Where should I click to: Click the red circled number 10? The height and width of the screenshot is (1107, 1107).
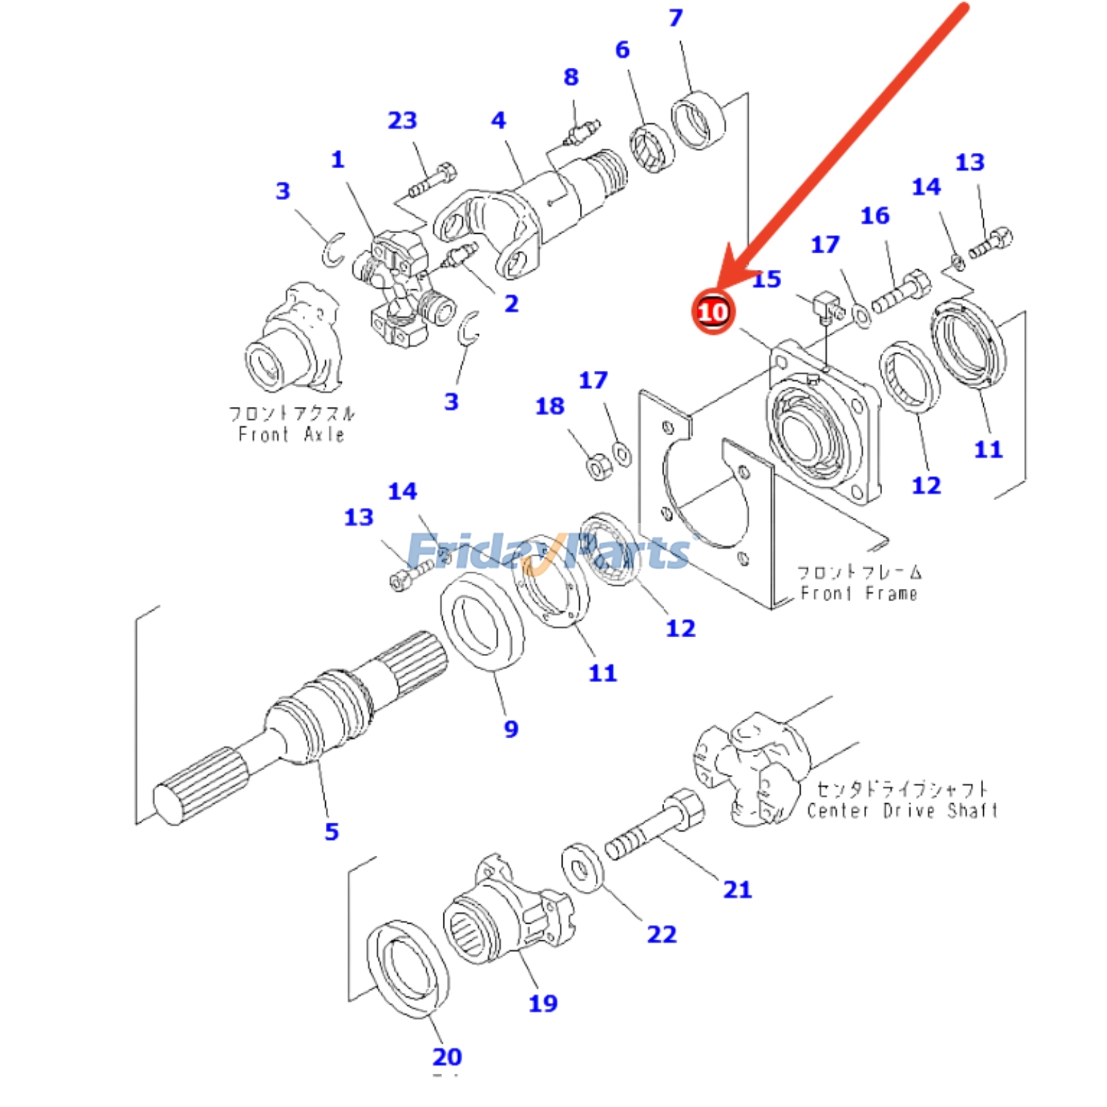click(712, 312)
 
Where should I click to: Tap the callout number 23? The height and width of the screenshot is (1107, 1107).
click(402, 120)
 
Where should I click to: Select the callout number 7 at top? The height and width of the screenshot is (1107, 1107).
click(675, 18)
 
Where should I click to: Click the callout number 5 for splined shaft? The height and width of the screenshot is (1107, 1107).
click(331, 831)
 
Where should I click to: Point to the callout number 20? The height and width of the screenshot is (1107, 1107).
click(447, 1056)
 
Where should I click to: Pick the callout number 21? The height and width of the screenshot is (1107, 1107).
click(737, 889)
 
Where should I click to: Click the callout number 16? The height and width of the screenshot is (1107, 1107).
click(875, 216)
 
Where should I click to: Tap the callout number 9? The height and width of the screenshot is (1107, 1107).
click(511, 729)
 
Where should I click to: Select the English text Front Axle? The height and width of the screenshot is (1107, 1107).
click(291, 434)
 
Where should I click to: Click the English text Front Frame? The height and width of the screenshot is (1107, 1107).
click(859, 593)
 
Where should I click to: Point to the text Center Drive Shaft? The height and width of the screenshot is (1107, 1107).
click(902, 810)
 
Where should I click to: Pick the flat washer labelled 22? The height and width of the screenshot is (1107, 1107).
click(582, 868)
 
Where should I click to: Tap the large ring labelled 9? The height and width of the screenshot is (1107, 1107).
click(482, 621)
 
